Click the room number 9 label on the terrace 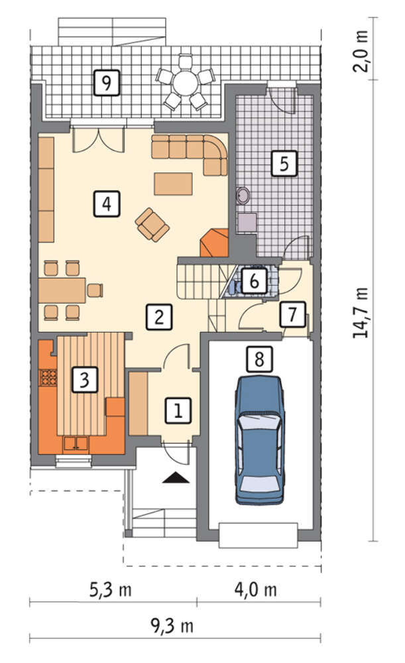(107, 83)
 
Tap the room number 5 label (284, 163)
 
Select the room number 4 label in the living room (107, 204)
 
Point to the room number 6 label (254, 280)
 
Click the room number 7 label (292, 314)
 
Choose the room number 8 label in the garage (259, 359)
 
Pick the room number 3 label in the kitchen (85, 380)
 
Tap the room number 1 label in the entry (178, 410)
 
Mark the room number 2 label (159, 317)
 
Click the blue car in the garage (260, 440)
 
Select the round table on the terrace (185, 82)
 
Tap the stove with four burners (48, 377)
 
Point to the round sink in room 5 (243, 196)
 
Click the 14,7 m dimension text (361, 313)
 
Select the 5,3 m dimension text (110, 589)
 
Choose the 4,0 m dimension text (256, 589)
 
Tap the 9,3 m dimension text (172, 626)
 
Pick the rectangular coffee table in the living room (173, 184)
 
